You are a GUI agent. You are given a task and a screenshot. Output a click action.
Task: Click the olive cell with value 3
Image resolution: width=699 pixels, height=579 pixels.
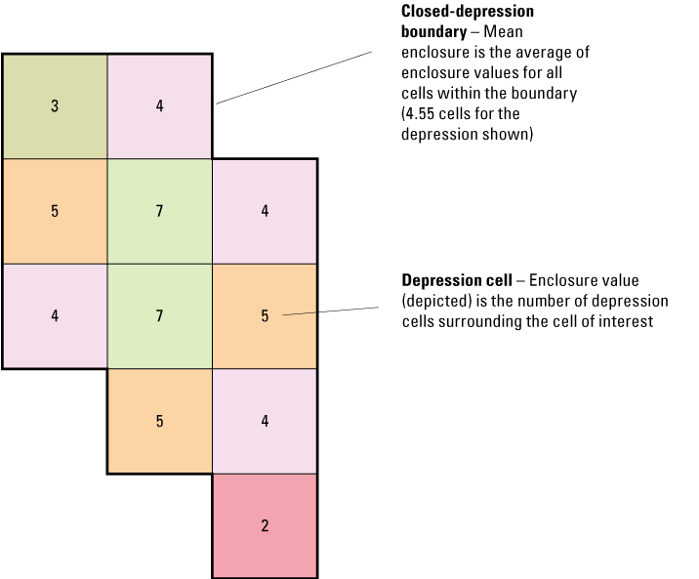click(55, 105)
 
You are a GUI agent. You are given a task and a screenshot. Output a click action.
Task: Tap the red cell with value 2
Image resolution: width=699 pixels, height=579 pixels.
click(265, 525)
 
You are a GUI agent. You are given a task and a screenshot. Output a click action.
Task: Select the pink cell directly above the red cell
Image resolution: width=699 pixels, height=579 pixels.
click(265, 421)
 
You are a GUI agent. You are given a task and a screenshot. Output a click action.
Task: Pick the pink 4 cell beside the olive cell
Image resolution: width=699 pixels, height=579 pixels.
click(160, 105)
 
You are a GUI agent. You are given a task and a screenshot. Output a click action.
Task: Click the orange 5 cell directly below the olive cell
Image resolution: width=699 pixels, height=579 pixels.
click(55, 211)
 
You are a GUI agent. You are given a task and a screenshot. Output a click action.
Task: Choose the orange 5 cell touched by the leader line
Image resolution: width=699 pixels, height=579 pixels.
click(265, 315)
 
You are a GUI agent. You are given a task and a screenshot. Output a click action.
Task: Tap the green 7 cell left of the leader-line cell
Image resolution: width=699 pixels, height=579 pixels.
click(160, 315)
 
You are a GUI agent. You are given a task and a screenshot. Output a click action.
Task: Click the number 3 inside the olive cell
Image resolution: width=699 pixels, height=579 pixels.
click(55, 105)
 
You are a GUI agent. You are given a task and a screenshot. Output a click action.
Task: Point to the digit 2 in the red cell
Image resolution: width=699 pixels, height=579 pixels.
click(265, 526)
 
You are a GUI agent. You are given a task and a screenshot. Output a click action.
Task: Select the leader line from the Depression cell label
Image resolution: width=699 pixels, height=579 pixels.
click(332, 311)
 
